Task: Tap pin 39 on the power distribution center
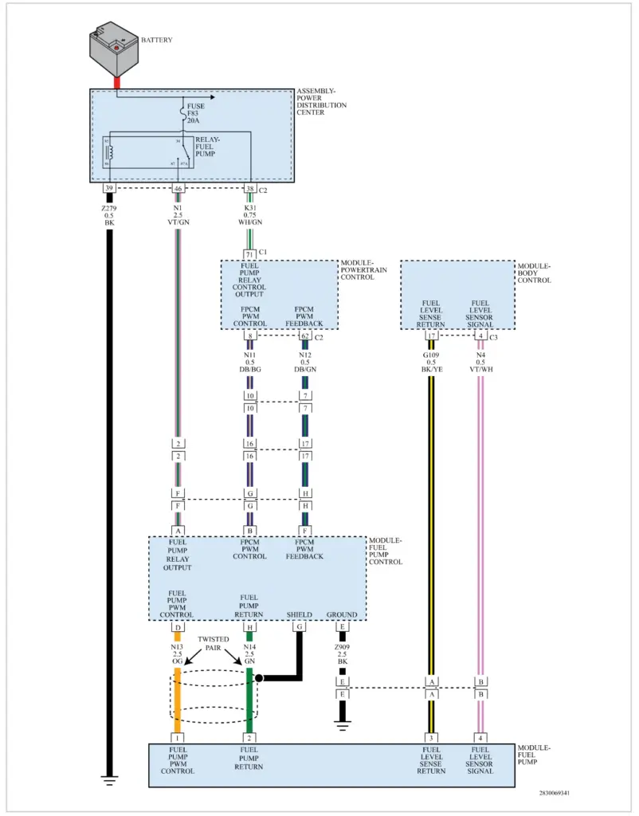pyautogui.click(x=109, y=189)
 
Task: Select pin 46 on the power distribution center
pyautogui.click(x=178, y=189)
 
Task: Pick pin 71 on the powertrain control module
pyautogui.click(x=249, y=253)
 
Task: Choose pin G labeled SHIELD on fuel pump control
pyautogui.click(x=300, y=627)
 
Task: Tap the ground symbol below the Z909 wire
pyautogui.click(x=343, y=724)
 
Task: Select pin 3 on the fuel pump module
pyautogui.click(x=431, y=738)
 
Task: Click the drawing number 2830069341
pyautogui.click(x=553, y=793)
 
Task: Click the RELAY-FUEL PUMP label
pyautogui.click(x=206, y=146)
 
